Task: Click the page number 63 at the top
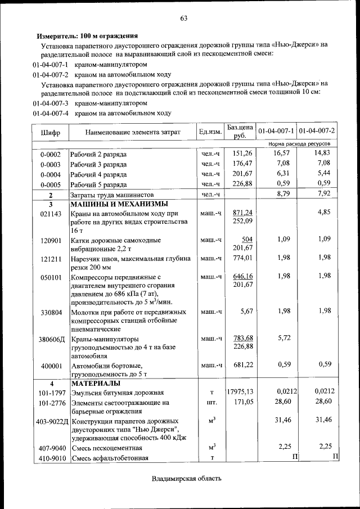tap(183, 19)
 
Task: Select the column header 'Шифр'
tap(50, 132)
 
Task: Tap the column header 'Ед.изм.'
tap(210, 132)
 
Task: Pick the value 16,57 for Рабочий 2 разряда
tap(281, 153)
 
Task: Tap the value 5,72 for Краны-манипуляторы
tap(283, 339)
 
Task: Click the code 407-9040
tap(51, 448)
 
